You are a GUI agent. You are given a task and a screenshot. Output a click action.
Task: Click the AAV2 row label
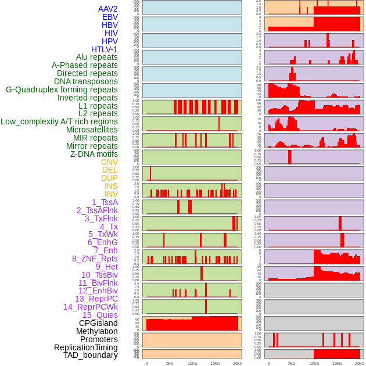pyautogui.click(x=108, y=9)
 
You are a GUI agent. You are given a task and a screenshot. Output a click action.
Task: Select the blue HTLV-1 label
pyautogui.click(x=105, y=49)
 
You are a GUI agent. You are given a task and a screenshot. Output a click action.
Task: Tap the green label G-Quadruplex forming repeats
pyautogui.click(x=62, y=89)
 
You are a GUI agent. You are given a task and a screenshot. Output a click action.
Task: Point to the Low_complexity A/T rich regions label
pyautogui.click(x=59, y=121)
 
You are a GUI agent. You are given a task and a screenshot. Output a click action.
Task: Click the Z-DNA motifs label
pyautogui.click(x=94, y=154)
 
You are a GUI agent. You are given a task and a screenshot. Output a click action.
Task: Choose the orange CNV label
pyautogui.click(x=109, y=162)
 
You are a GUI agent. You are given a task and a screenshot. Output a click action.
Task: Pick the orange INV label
pyautogui.click(x=111, y=194)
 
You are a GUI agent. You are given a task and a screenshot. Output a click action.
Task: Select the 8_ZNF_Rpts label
pyautogui.click(x=95, y=259)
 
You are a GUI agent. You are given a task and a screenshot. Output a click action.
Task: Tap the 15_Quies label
pyautogui.click(x=100, y=315)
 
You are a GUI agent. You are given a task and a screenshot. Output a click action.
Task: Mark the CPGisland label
pyautogui.click(x=98, y=323)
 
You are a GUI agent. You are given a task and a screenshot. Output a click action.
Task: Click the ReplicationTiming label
pyautogui.click(x=86, y=347)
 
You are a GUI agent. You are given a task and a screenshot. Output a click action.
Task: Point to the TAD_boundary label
pyautogui.click(x=91, y=355)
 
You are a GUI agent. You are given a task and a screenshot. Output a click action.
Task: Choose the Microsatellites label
pyautogui.click(x=92, y=130)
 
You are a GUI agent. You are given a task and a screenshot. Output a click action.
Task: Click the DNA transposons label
pyautogui.click(x=86, y=81)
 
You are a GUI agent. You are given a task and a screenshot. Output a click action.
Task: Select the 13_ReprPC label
pyautogui.click(x=96, y=299)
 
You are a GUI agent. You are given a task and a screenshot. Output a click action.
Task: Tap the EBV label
pyautogui.click(x=110, y=17)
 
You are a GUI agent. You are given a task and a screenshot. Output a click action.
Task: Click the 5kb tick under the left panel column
pyautogui.click(x=170, y=363)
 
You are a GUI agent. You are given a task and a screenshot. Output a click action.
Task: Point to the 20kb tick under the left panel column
pyautogui.click(x=238, y=363)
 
